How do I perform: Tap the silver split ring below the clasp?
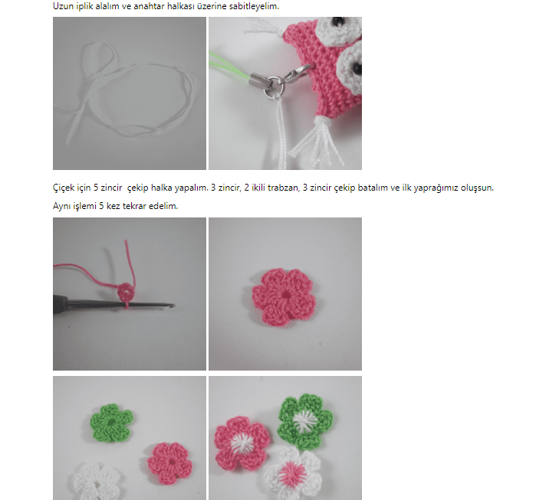click(274, 87)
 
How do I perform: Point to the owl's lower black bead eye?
click(357, 68)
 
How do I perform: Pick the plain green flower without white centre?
click(111, 423)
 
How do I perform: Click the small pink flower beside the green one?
click(170, 462)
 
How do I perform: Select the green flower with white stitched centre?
click(305, 421)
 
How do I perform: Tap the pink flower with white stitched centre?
click(242, 443)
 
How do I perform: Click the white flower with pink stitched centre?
click(293, 472)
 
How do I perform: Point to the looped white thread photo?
click(130, 93)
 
